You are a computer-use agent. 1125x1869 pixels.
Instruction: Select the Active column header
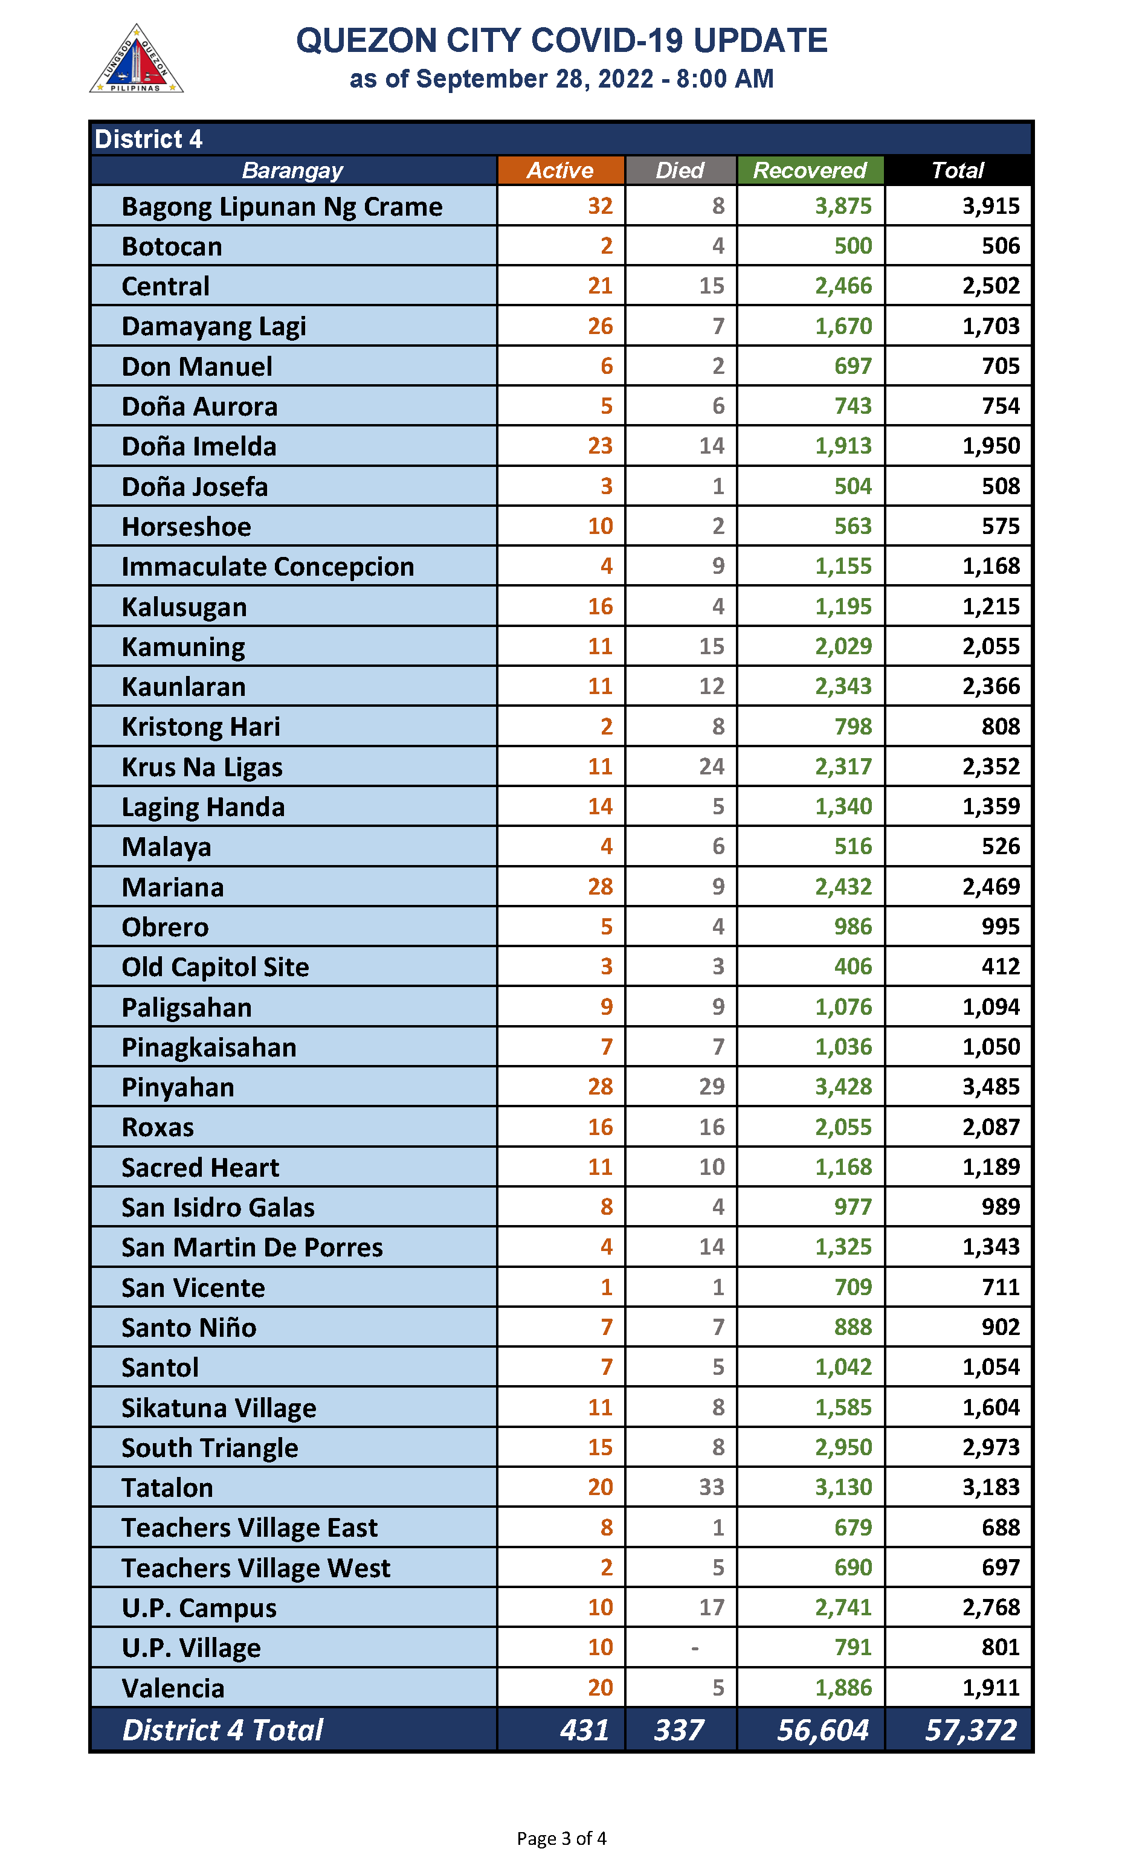[x=560, y=170]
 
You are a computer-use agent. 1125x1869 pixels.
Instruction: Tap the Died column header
[x=680, y=170]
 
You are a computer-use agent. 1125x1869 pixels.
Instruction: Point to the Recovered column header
[x=810, y=170]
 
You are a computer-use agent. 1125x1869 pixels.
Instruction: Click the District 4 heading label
[x=149, y=140]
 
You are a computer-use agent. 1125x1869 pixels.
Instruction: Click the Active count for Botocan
[x=607, y=246]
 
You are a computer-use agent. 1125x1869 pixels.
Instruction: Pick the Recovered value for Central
[x=843, y=286]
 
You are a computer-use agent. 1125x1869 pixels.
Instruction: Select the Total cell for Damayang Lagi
[x=991, y=327]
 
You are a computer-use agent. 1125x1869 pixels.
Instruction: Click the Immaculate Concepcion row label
[x=268, y=567]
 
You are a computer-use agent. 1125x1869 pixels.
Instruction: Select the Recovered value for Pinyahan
[x=843, y=1087]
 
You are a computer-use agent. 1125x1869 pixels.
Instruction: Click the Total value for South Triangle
[x=991, y=1447]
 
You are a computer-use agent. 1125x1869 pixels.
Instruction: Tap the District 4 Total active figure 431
[x=584, y=1730]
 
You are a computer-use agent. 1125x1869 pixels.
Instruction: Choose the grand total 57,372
[x=971, y=1730]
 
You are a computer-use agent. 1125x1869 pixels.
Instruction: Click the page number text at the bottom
[x=562, y=1839]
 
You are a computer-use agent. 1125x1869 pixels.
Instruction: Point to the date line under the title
[x=562, y=79]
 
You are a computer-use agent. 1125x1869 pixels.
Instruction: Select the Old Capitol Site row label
[x=215, y=967]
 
